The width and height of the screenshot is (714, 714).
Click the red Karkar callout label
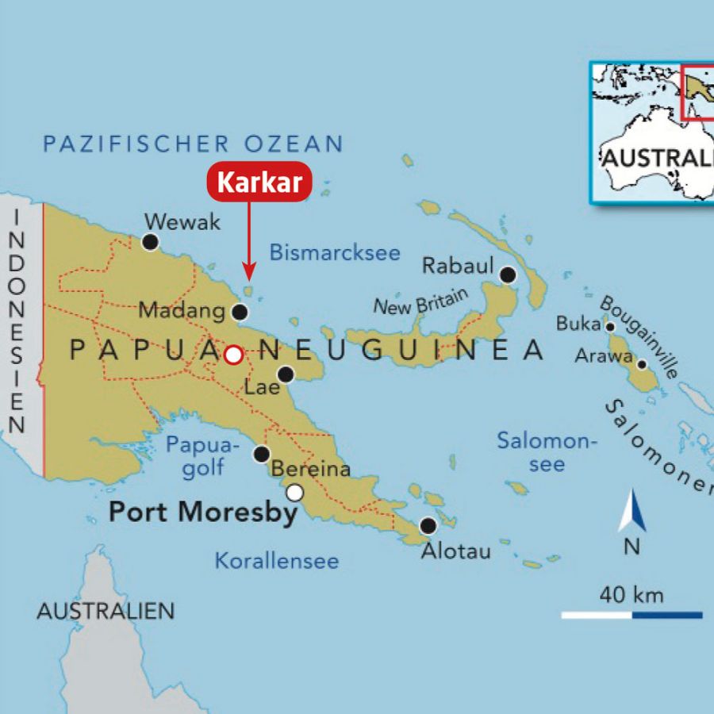point(259,183)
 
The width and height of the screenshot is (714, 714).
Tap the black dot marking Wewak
point(150,242)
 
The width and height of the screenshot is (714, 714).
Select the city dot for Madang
point(240,312)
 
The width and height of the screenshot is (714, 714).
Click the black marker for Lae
point(286,374)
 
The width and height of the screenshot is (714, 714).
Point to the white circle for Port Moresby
point(295,493)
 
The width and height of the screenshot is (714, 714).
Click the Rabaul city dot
point(508,275)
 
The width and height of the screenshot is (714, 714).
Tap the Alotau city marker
point(428,525)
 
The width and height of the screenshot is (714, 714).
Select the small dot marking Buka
point(610,326)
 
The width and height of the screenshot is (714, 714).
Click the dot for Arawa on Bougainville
point(642,365)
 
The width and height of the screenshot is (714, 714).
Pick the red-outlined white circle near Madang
point(233,355)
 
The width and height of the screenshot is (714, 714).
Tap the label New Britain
point(421,301)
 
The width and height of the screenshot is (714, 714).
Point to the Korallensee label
point(277,562)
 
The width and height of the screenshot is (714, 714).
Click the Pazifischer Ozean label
point(193,144)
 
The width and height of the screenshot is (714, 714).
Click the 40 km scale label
point(631,594)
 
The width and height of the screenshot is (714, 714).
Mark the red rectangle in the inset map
point(697,91)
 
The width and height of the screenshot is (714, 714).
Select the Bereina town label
point(311,469)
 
